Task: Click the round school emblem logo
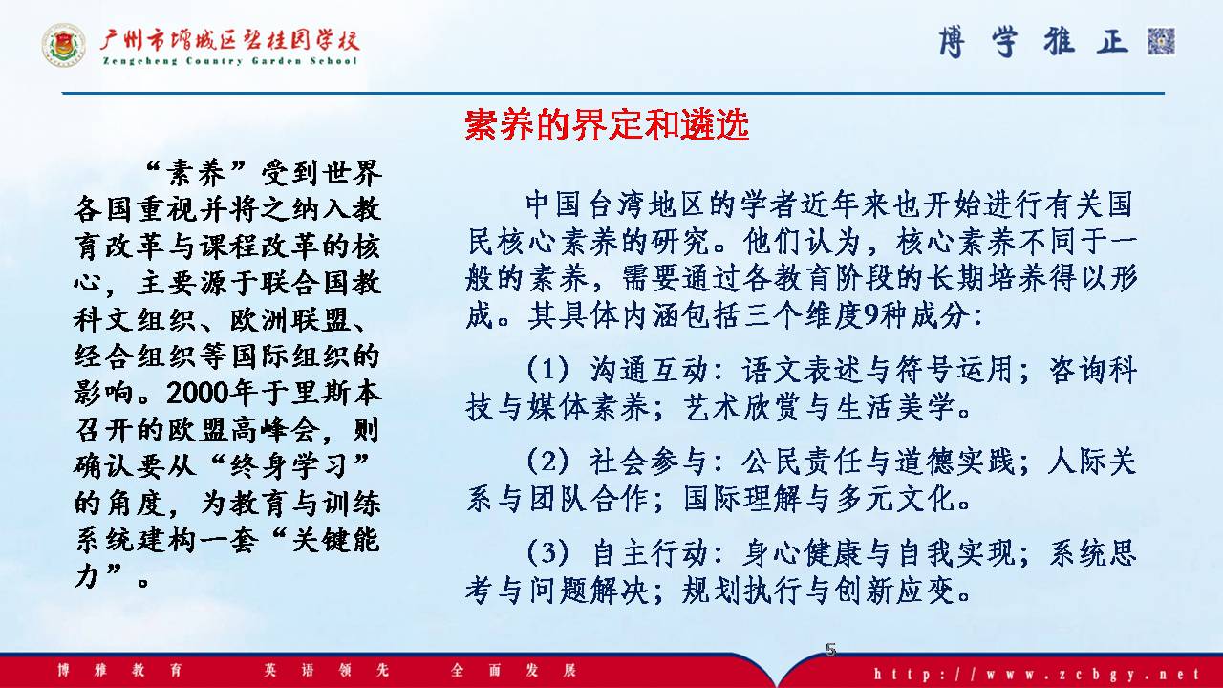click(64, 45)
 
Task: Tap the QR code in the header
click(1161, 41)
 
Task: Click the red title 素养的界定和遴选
click(607, 125)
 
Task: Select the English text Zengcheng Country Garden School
click(230, 60)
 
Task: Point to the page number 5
click(830, 649)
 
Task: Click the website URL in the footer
click(1037, 674)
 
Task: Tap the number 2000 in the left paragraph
click(197, 393)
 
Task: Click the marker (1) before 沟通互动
click(547, 369)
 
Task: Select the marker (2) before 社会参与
click(547, 462)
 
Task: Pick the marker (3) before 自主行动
click(547, 552)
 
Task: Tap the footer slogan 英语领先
click(326, 670)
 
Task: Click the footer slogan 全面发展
click(513, 670)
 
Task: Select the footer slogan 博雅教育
click(119, 670)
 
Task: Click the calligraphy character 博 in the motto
click(952, 41)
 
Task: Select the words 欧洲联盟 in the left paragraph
click(290, 319)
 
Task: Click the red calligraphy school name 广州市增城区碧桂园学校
click(229, 40)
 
